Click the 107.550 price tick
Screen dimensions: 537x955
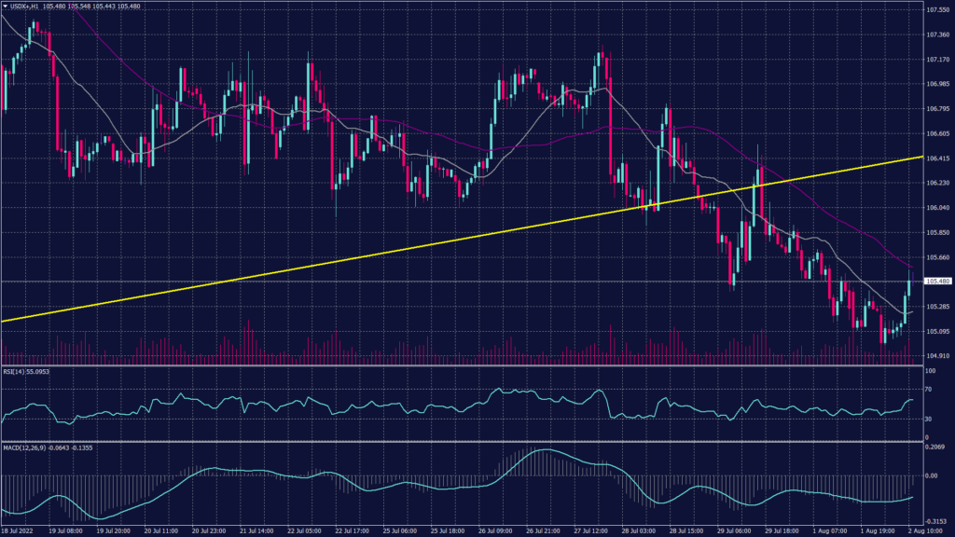937,10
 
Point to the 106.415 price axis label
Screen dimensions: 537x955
937,158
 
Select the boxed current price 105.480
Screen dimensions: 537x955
937,281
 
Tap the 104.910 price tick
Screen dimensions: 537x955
937,355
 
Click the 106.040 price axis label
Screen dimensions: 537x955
937,208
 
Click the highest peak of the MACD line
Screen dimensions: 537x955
542,451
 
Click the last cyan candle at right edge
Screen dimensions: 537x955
909,294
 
